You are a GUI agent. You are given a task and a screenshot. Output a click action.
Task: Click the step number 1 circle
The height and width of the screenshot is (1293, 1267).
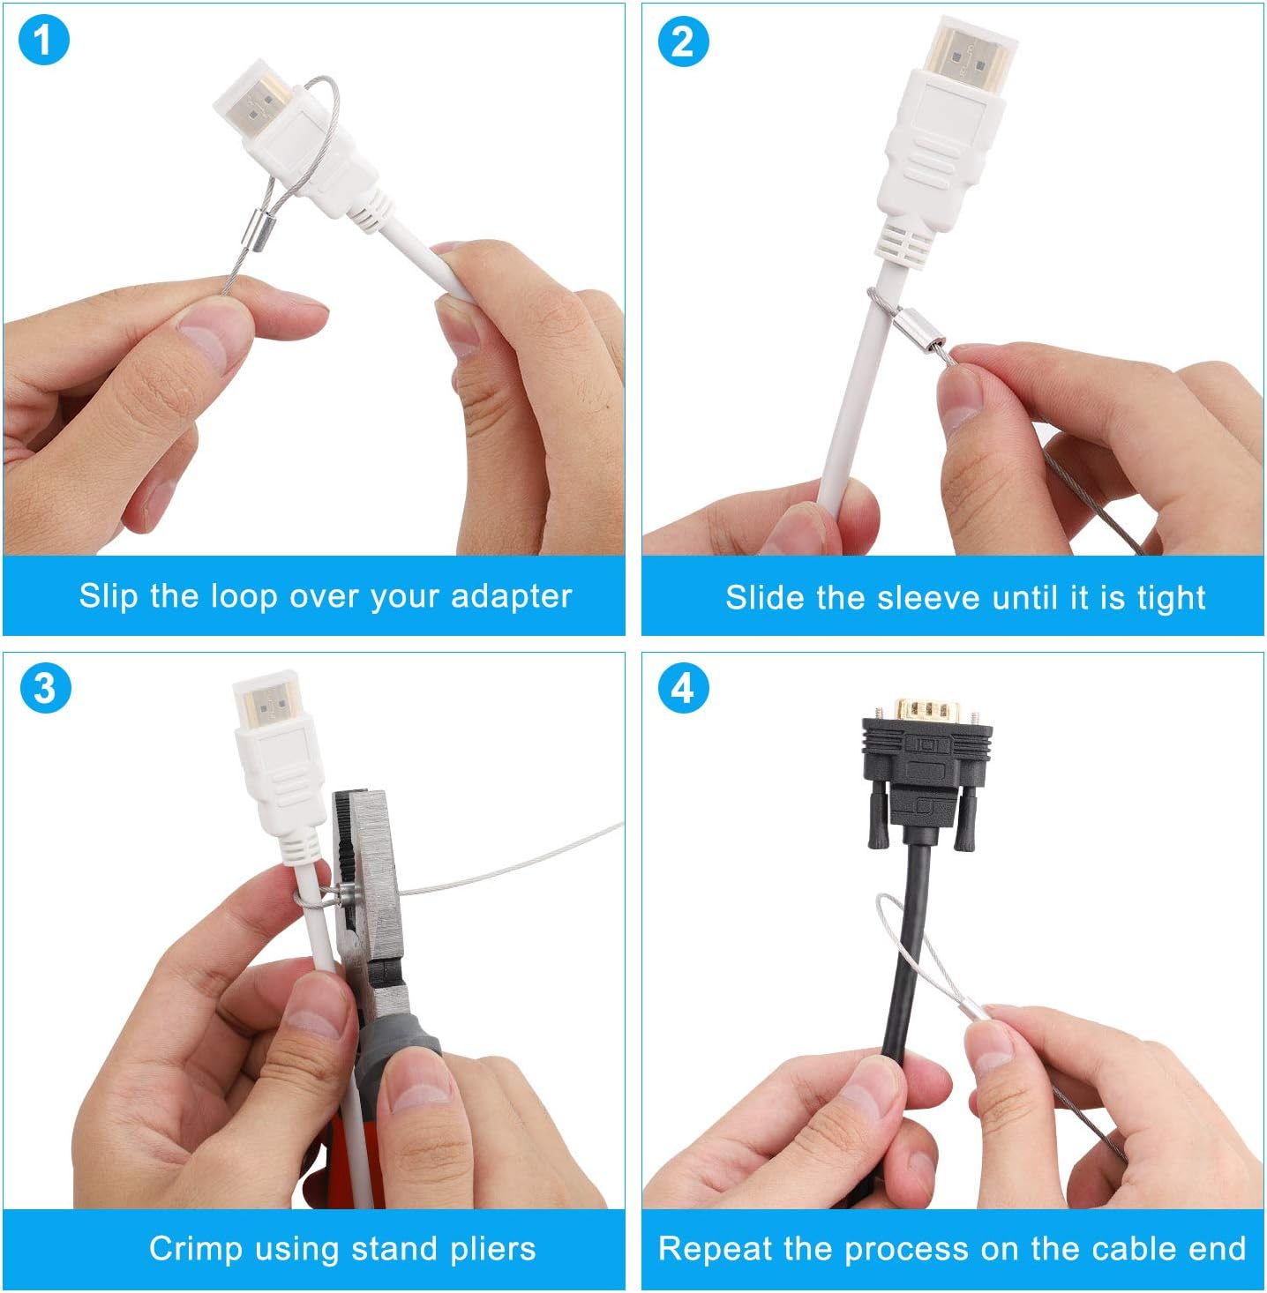[42, 41]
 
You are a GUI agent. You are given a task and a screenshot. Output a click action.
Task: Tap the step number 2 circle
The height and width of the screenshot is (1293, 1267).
[683, 41]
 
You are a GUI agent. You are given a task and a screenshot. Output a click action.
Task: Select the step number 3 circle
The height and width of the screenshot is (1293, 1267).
[44, 688]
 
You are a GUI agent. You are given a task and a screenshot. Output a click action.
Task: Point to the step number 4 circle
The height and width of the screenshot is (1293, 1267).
[683, 688]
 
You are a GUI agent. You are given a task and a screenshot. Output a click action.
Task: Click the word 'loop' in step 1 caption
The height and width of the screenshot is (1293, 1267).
[244, 597]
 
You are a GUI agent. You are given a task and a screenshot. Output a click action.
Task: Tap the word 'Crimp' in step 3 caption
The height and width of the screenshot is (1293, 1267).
[195, 1249]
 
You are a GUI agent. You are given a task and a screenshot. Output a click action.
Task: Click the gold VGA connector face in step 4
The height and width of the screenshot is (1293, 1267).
[927, 710]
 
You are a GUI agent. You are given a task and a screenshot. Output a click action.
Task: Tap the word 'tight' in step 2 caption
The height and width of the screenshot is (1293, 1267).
[1171, 598]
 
